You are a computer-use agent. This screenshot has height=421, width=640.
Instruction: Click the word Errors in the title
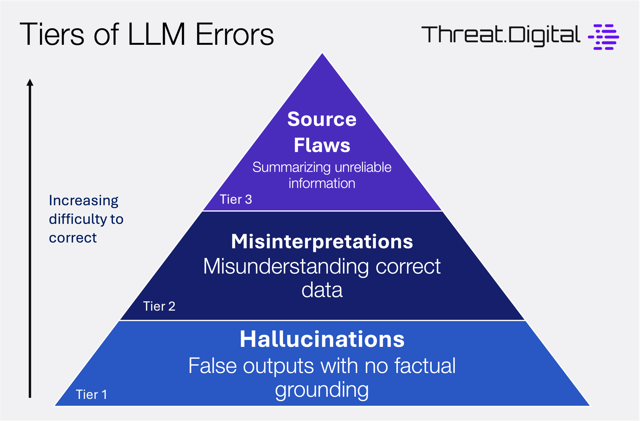235,35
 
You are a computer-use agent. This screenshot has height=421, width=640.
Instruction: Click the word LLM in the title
156,35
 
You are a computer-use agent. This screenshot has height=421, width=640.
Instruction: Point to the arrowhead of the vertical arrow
30,82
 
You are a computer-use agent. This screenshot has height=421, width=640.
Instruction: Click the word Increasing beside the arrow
84,201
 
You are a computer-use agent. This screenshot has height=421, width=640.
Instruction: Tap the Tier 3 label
236,200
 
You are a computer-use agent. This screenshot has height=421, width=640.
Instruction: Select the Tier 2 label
159,306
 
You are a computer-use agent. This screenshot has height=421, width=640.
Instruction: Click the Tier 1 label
92,395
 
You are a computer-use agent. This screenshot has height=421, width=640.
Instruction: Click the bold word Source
322,119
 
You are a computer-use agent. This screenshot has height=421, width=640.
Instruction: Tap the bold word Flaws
322,145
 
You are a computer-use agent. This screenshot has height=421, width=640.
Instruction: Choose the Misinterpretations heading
322,241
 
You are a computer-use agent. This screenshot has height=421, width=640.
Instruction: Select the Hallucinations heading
322,339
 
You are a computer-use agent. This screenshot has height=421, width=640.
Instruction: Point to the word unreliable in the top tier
363,167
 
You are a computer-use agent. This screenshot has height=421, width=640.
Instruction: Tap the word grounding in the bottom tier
322,390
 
